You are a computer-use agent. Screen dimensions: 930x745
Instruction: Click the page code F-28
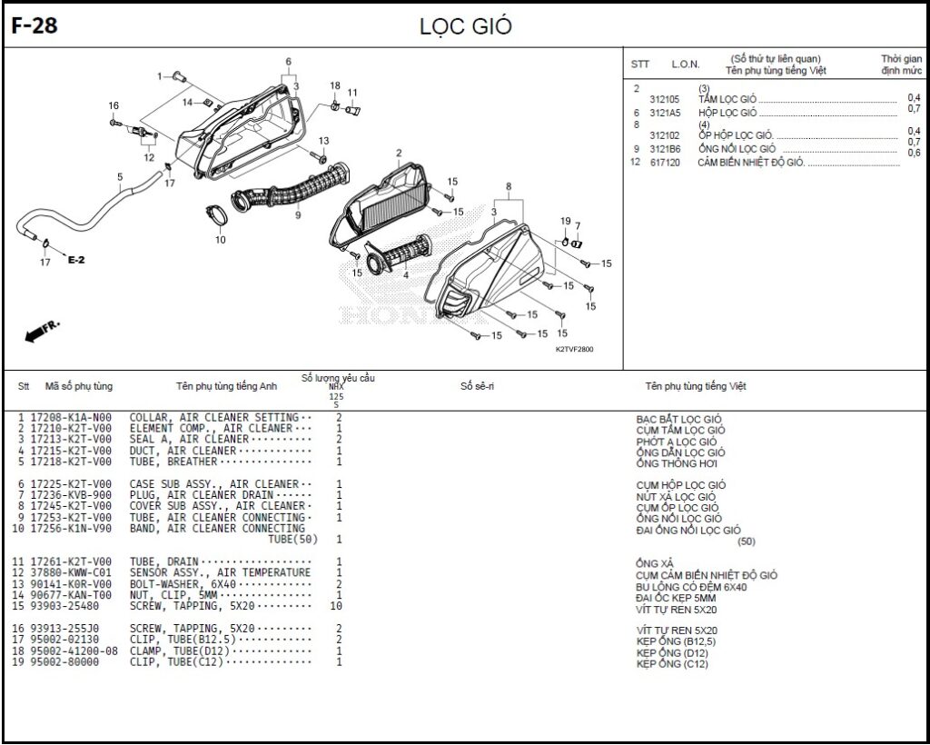point(35,26)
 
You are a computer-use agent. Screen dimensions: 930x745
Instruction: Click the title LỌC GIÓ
point(466,27)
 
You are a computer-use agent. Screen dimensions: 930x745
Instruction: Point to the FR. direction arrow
point(42,332)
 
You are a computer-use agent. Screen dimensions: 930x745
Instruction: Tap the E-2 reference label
point(76,260)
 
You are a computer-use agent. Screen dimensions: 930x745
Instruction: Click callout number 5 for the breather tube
point(120,177)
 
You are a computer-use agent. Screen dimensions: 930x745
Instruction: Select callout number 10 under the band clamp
point(221,240)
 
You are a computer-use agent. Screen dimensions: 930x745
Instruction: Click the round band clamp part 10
point(218,214)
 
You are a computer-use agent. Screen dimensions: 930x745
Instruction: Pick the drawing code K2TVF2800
point(574,349)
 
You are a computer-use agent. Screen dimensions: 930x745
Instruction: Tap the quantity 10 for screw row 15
point(336,606)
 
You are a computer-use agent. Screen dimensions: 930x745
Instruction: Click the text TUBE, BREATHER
point(173,462)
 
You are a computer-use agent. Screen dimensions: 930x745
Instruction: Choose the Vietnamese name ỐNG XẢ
point(655,563)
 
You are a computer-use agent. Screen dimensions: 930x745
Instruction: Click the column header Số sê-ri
point(477,386)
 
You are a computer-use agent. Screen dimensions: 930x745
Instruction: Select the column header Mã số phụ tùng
point(79,386)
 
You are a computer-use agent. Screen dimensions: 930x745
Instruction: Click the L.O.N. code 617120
point(665,163)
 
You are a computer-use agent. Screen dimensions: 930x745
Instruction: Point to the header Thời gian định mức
point(902,65)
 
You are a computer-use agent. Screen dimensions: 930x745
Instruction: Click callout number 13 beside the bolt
point(323,141)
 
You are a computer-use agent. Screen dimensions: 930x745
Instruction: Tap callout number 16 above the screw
point(114,105)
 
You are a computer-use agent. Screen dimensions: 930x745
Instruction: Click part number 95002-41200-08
point(74,651)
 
